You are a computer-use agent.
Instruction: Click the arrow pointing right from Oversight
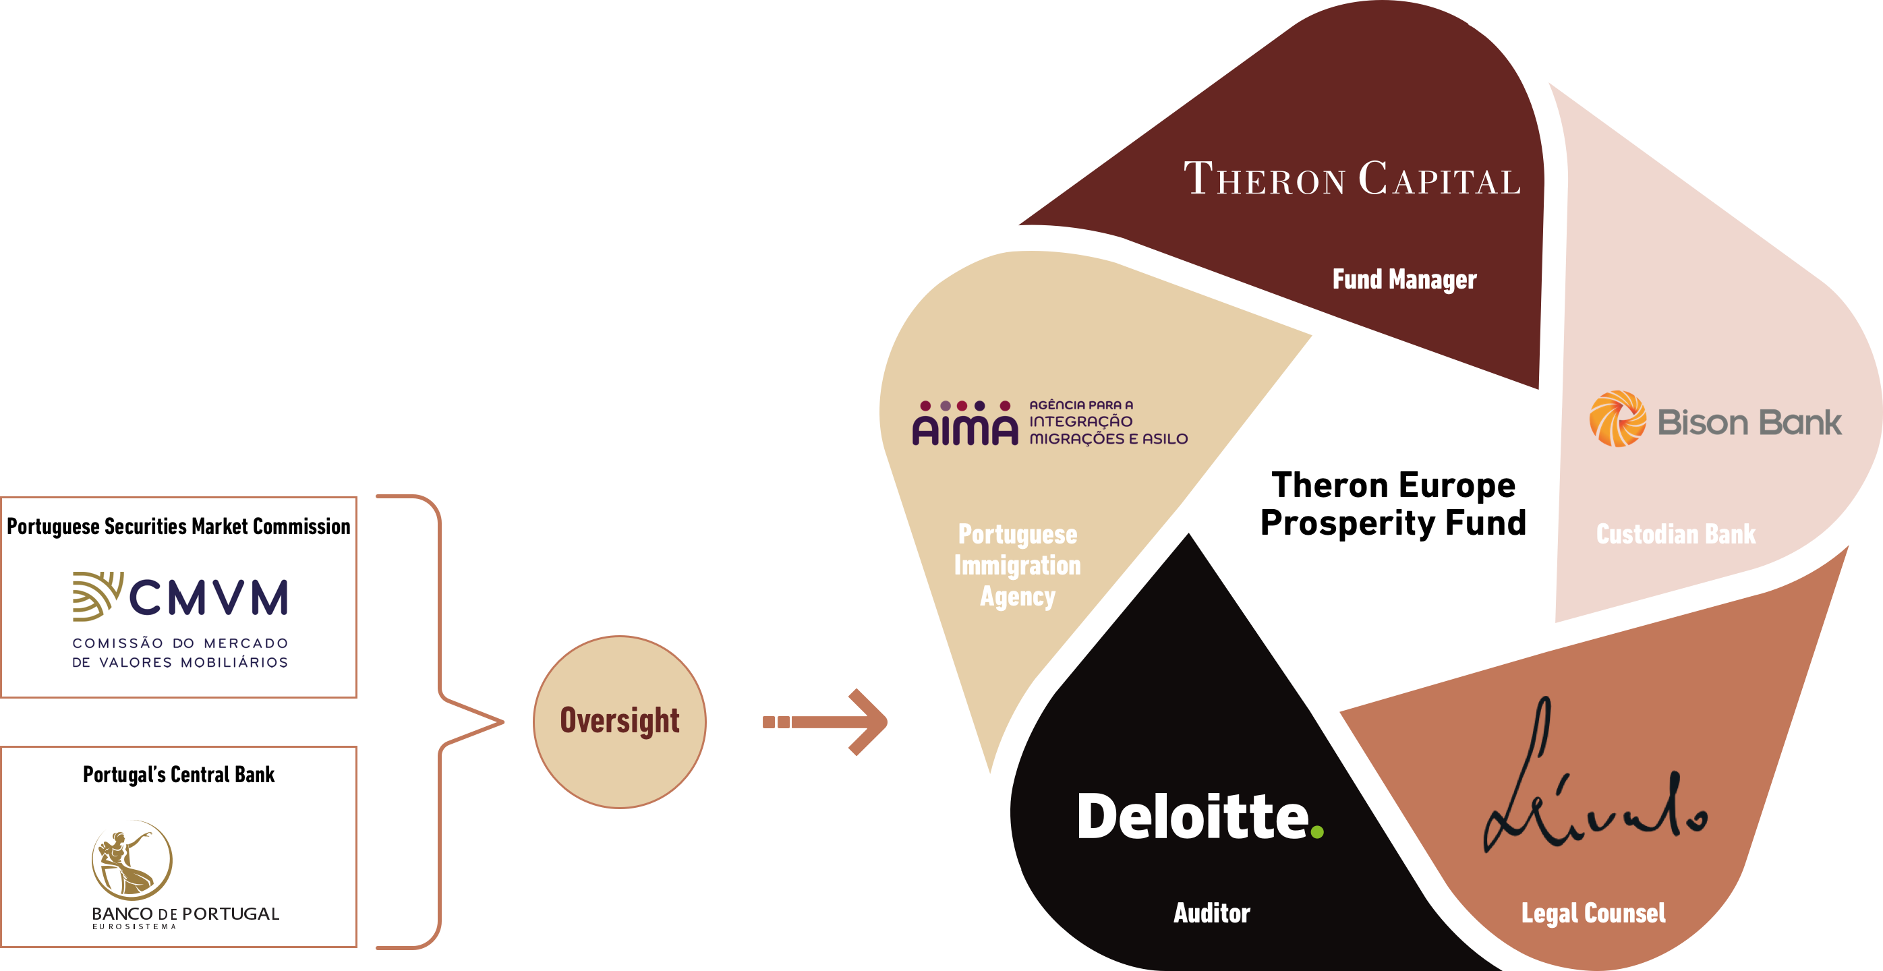click(826, 722)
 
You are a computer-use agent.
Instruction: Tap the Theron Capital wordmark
click(1352, 179)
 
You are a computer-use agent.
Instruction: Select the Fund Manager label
click(1404, 279)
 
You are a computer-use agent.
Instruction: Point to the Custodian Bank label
click(1675, 534)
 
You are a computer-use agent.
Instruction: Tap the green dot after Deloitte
click(1317, 831)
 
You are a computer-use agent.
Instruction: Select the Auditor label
click(1212, 913)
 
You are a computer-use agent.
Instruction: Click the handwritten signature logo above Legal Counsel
click(1594, 789)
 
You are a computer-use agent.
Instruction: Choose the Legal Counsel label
click(1594, 913)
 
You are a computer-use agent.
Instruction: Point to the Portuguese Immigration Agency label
click(1018, 565)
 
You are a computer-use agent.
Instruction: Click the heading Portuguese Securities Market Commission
click(178, 526)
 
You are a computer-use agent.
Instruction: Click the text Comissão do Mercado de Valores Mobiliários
click(180, 653)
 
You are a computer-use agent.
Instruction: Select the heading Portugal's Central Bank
click(178, 775)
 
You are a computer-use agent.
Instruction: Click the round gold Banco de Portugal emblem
click(132, 860)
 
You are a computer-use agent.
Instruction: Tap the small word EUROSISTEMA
click(134, 926)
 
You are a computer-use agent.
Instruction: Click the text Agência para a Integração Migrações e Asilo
click(1108, 422)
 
